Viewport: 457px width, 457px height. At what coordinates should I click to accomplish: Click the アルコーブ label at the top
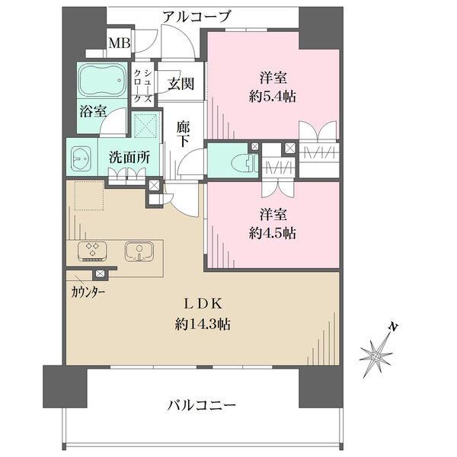coord(197,17)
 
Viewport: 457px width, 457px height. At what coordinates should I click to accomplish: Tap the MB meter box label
coord(120,43)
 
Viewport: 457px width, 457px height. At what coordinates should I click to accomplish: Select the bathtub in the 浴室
coord(102,80)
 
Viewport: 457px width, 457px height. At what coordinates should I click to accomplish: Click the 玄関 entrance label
coord(181,84)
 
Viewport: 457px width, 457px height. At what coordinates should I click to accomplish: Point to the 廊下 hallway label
coord(184,135)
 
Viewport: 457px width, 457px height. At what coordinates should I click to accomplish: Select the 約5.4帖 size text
coord(272,97)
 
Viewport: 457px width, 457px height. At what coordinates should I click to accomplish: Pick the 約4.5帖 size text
coord(272,234)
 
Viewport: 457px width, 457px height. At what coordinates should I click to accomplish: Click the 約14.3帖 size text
coord(203,324)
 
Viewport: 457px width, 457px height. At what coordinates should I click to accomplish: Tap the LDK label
coord(203,304)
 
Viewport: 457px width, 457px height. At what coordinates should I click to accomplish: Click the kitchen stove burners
coord(92,251)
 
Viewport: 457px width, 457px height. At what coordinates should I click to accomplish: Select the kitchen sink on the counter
coord(139,251)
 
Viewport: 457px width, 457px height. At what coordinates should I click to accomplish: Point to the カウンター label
coord(88,292)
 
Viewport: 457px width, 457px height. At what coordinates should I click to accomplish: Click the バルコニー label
coord(201,405)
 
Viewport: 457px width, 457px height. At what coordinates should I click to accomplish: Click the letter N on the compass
coord(393,327)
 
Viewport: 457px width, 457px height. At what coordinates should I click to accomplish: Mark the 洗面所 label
coord(129,158)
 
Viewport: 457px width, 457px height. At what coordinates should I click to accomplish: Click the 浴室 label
coord(93,112)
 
